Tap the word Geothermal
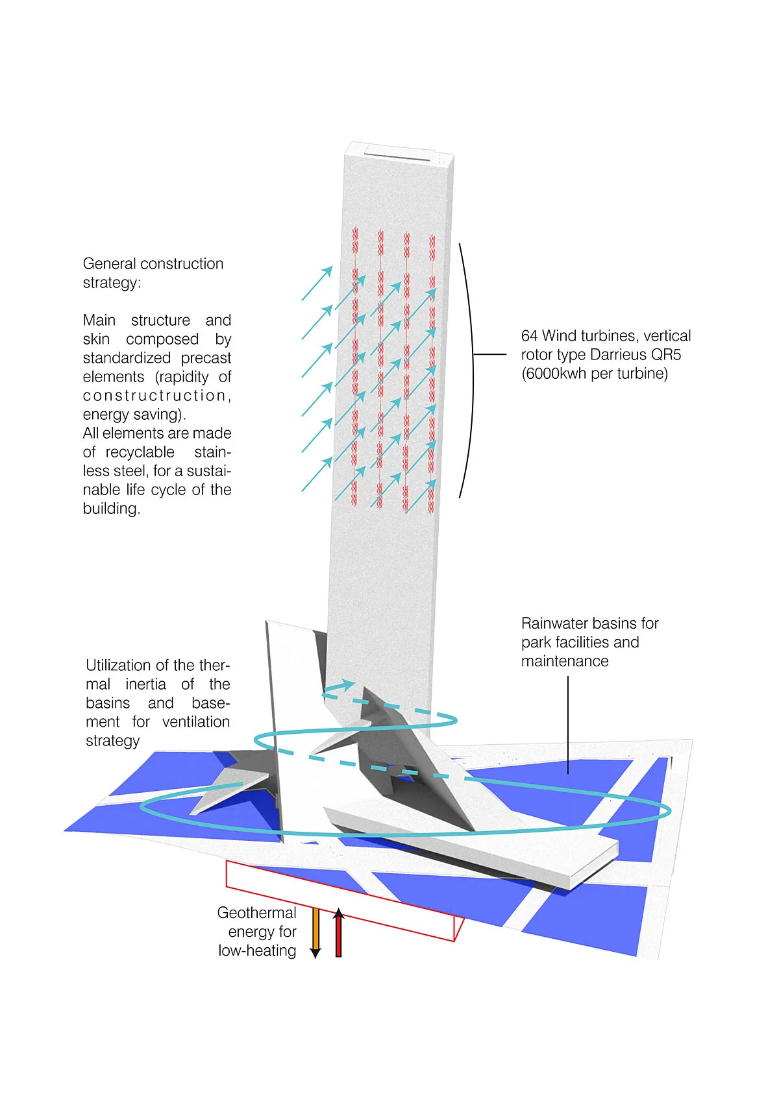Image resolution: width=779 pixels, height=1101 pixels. (256, 913)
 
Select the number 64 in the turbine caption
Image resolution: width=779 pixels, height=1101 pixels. (529, 336)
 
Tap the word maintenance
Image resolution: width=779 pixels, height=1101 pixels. (565, 661)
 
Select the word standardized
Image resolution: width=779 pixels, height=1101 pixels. (127, 358)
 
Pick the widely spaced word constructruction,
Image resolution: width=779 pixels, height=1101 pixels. (157, 396)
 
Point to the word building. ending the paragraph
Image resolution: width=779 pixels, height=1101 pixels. (111, 509)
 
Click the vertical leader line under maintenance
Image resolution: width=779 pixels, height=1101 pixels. (568, 723)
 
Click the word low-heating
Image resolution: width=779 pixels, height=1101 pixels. (257, 950)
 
